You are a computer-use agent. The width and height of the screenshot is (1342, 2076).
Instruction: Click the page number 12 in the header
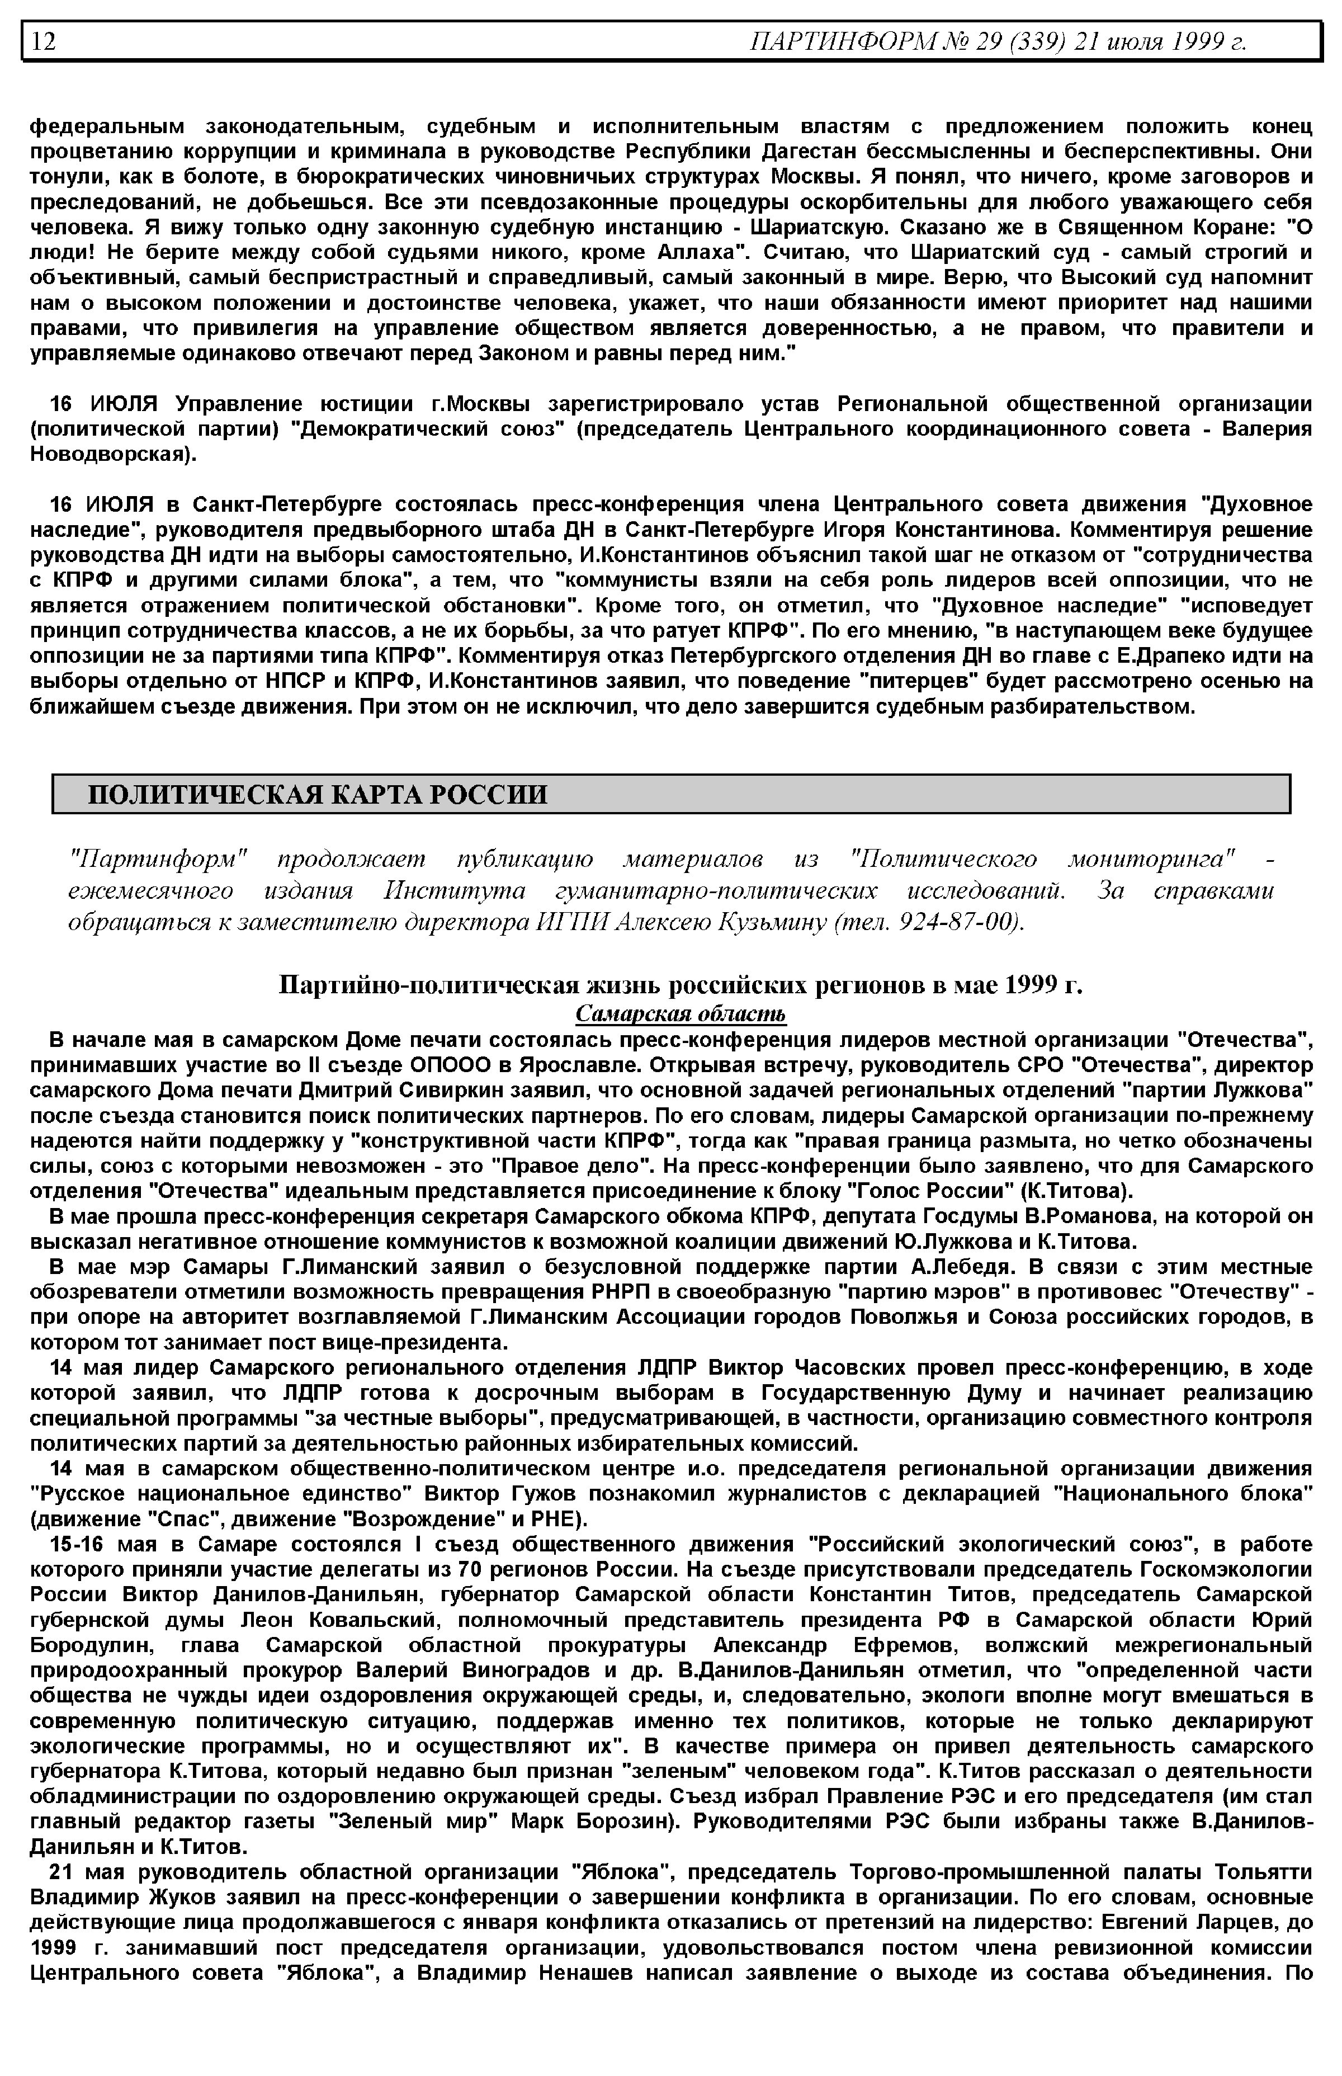coord(44,41)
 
